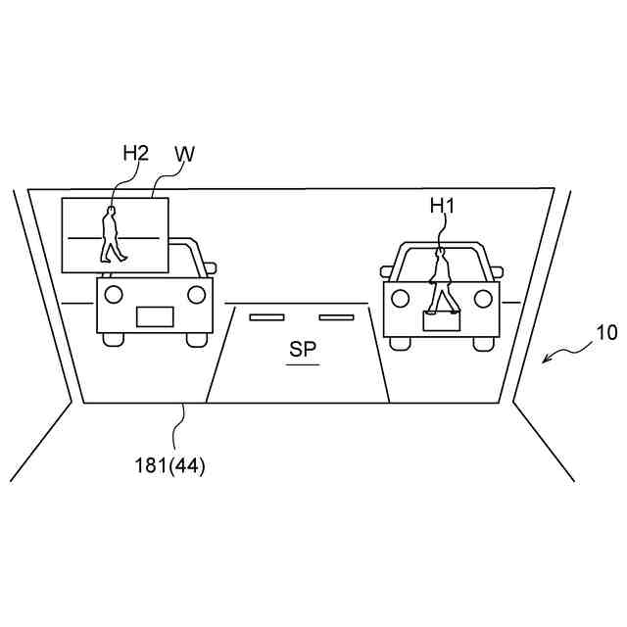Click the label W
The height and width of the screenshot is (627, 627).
184,154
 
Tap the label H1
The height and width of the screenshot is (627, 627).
443,205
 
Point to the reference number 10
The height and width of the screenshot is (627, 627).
606,333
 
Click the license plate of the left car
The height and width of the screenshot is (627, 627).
155,315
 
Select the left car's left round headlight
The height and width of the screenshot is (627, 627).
114,293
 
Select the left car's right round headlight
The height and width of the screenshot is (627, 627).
196,293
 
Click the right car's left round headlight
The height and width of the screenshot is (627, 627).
400,297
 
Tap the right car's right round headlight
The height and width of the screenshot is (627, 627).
482,297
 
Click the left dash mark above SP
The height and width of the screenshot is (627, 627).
265,316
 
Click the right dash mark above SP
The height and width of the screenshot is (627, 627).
335,316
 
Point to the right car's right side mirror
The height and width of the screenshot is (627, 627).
496,271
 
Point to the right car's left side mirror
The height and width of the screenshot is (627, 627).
386,271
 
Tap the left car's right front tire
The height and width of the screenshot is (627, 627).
198,339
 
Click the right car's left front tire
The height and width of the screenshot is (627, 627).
399,343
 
